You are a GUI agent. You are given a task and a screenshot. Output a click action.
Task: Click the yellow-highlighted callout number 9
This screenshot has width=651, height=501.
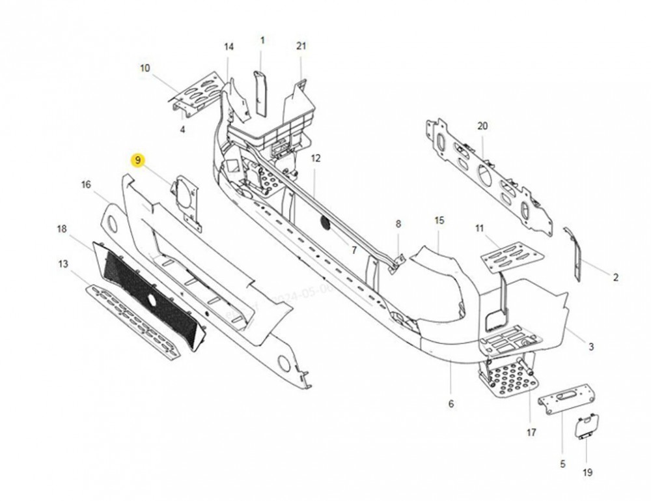click(x=137, y=160)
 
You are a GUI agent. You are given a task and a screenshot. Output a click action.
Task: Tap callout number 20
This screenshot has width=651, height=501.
click(x=482, y=126)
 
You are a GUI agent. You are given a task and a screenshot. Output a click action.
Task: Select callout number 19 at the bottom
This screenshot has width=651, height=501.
click(x=588, y=473)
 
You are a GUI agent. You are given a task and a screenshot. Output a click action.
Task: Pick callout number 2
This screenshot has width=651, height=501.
click(x=615, y=278)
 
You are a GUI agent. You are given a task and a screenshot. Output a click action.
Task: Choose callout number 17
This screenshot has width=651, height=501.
click(x=531, y=431)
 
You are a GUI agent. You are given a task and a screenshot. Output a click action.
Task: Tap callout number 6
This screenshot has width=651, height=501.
click(x=450, y=405)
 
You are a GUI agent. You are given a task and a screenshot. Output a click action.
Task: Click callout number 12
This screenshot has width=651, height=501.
click(x=316, y=158)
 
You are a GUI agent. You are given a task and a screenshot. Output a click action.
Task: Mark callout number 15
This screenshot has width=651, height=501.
click(x=439, y=221)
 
